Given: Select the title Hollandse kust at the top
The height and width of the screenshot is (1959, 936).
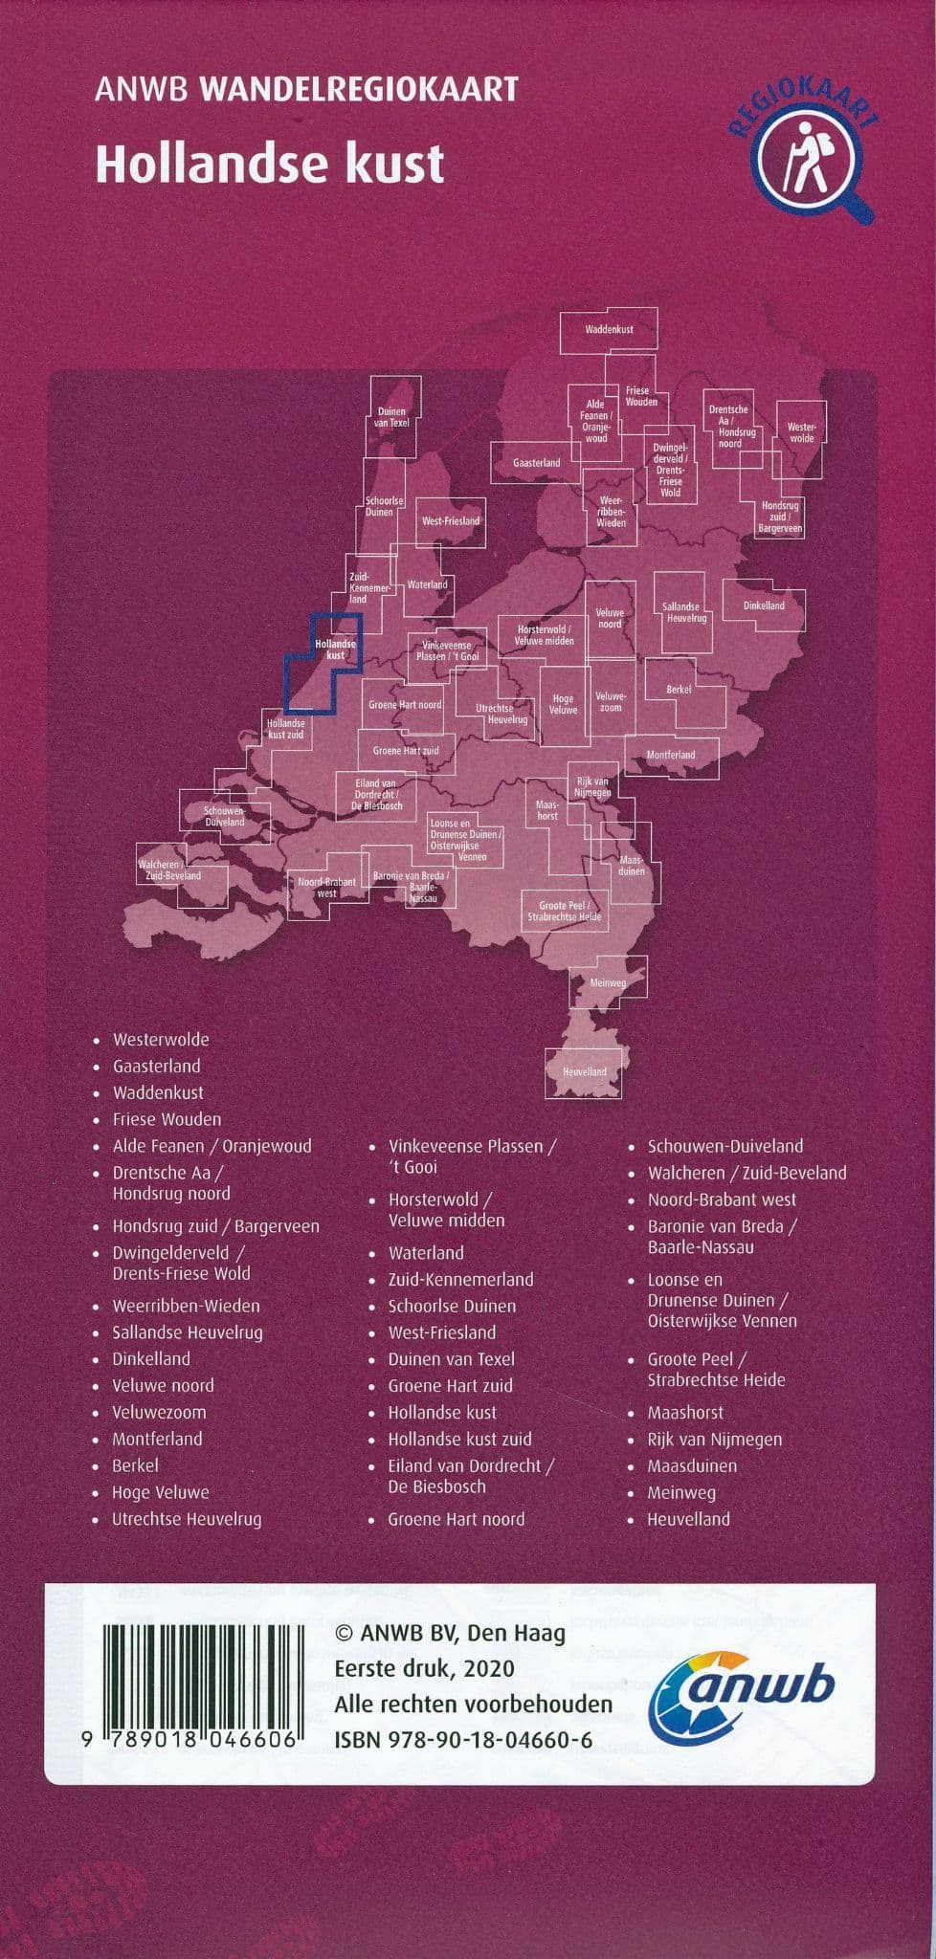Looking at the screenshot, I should click(x=270, y=165).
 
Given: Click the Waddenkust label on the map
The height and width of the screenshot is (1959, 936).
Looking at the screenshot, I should click(x=609, y=330).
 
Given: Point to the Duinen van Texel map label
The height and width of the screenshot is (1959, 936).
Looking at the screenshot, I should click(x=392, y=417).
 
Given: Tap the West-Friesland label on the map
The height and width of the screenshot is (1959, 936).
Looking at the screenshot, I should click(x=451, y=521).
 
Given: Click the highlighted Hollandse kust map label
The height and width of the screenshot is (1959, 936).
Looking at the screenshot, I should click(x=335, y=649).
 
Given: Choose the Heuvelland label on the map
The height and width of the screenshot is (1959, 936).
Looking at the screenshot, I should click(x=584, y=1071).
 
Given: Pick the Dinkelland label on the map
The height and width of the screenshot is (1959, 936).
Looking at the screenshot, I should click(x=764, y=605).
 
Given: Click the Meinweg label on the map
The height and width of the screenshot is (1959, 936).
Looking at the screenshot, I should click(x=608, y=982).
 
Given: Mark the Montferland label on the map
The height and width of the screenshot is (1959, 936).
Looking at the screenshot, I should click(x=670, y=755).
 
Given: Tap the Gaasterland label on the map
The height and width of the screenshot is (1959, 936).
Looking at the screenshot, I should click(x=536, y=463).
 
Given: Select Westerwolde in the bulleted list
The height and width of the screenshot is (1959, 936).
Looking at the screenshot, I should click(x=161, y=1040).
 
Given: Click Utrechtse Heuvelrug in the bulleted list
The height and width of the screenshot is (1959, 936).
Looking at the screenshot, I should click(x=187, y=1519).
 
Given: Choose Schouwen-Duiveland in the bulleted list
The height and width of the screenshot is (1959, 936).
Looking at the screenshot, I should click(x=725, y=1146).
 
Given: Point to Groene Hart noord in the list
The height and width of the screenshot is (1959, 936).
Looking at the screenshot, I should click(x=456, y=1519).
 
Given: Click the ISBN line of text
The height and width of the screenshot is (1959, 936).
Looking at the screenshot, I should click(x=463, y=1740).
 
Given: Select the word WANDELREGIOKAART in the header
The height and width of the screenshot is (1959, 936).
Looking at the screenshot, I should click(x=359, y=90).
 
